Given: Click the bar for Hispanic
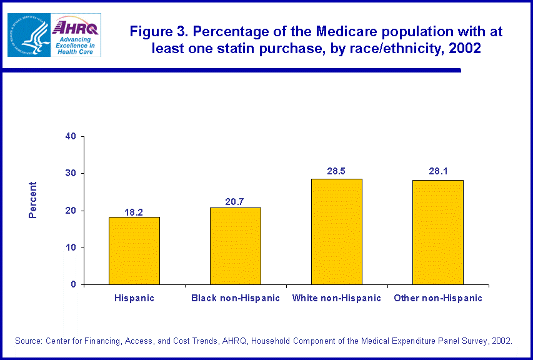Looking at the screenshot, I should tap(134, 251).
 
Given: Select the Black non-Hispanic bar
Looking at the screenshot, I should tap(236, 246).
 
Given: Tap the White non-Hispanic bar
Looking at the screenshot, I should tap(337, 232).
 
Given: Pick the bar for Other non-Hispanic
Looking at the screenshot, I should tap(438, 232).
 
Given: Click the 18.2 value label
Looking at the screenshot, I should tap(134, 212).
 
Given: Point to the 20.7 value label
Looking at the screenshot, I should tap(236, 202).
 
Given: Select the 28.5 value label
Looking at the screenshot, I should tap(337, 171).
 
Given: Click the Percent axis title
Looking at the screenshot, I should tap(33, 200).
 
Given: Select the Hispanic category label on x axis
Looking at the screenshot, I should tap(134, 298).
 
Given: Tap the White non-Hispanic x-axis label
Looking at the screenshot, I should tap(337, 298).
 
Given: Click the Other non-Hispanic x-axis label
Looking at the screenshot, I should tap(438, 298).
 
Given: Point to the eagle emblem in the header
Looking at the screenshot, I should tap(27, 34).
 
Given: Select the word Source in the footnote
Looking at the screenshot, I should tap(28, 341).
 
